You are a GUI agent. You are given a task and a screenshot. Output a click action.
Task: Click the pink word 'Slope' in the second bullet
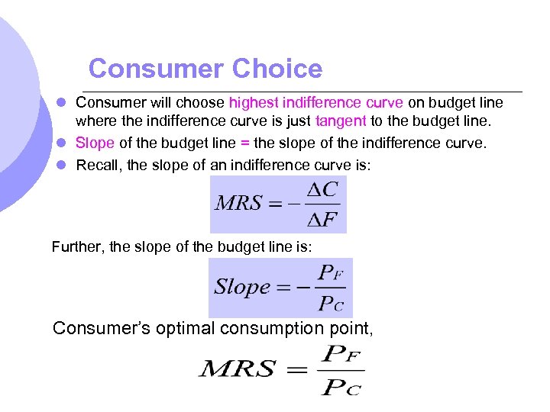coord(95,143)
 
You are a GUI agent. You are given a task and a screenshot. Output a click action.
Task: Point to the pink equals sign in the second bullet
coord(244,143)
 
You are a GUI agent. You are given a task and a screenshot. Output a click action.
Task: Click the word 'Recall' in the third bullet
coord(97,165)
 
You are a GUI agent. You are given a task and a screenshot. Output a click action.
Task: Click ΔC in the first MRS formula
coord(325,188)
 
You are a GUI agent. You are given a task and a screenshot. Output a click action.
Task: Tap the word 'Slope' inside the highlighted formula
coord(242,287)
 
